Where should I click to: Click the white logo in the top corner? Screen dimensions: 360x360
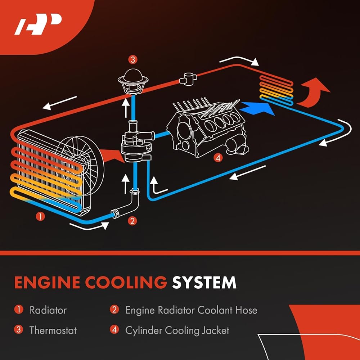(x=38, y=24)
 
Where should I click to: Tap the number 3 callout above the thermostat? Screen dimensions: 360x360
(x=133, y=60)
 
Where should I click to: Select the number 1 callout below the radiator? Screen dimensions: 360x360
(x=40, y=216)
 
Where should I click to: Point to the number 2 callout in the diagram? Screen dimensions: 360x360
(x=132, y=221)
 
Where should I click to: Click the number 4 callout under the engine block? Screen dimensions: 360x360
(x=218, y=158)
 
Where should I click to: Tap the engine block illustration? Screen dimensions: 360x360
(x=207, y=129)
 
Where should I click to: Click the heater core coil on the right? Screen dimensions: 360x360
(x=276, y=90)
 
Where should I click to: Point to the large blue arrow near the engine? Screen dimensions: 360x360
(x=257, y=108)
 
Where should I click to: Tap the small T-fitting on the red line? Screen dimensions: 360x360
(x=188, y=79)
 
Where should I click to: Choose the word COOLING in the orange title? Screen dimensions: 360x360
(x=126, y=282)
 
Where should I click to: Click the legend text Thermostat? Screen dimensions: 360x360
(x=53, y=330)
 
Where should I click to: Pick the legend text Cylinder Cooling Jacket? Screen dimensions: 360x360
(x=177, y=330)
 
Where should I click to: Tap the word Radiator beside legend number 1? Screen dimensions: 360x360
(x=48, y=310)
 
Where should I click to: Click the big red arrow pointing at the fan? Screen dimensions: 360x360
(x=111, y=156)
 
